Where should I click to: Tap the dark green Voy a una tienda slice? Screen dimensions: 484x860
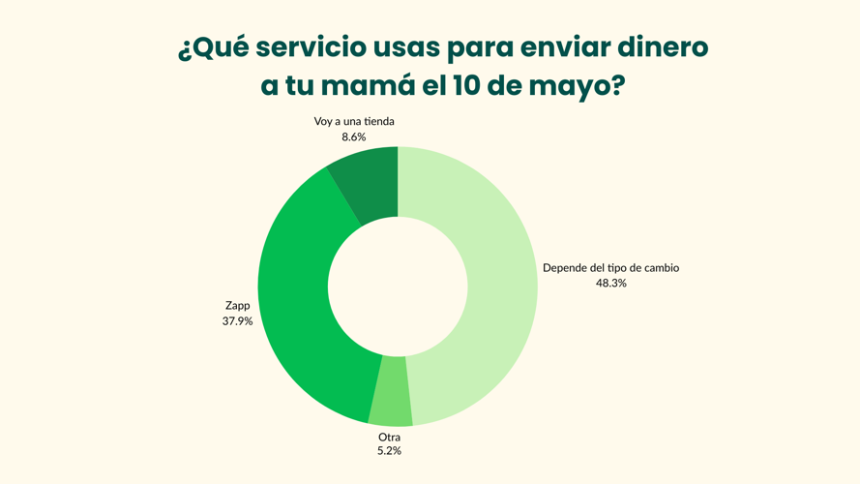369,182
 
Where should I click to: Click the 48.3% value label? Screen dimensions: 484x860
610,284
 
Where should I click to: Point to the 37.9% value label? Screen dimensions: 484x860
237,321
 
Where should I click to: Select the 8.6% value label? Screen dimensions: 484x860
353,137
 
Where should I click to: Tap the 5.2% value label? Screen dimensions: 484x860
389,451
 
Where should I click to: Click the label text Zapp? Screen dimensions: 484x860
237,306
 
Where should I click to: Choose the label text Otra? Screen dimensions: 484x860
389,437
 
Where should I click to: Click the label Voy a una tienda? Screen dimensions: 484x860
354,122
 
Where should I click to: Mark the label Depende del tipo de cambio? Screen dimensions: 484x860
610,268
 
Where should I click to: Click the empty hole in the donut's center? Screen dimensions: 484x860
398,287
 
